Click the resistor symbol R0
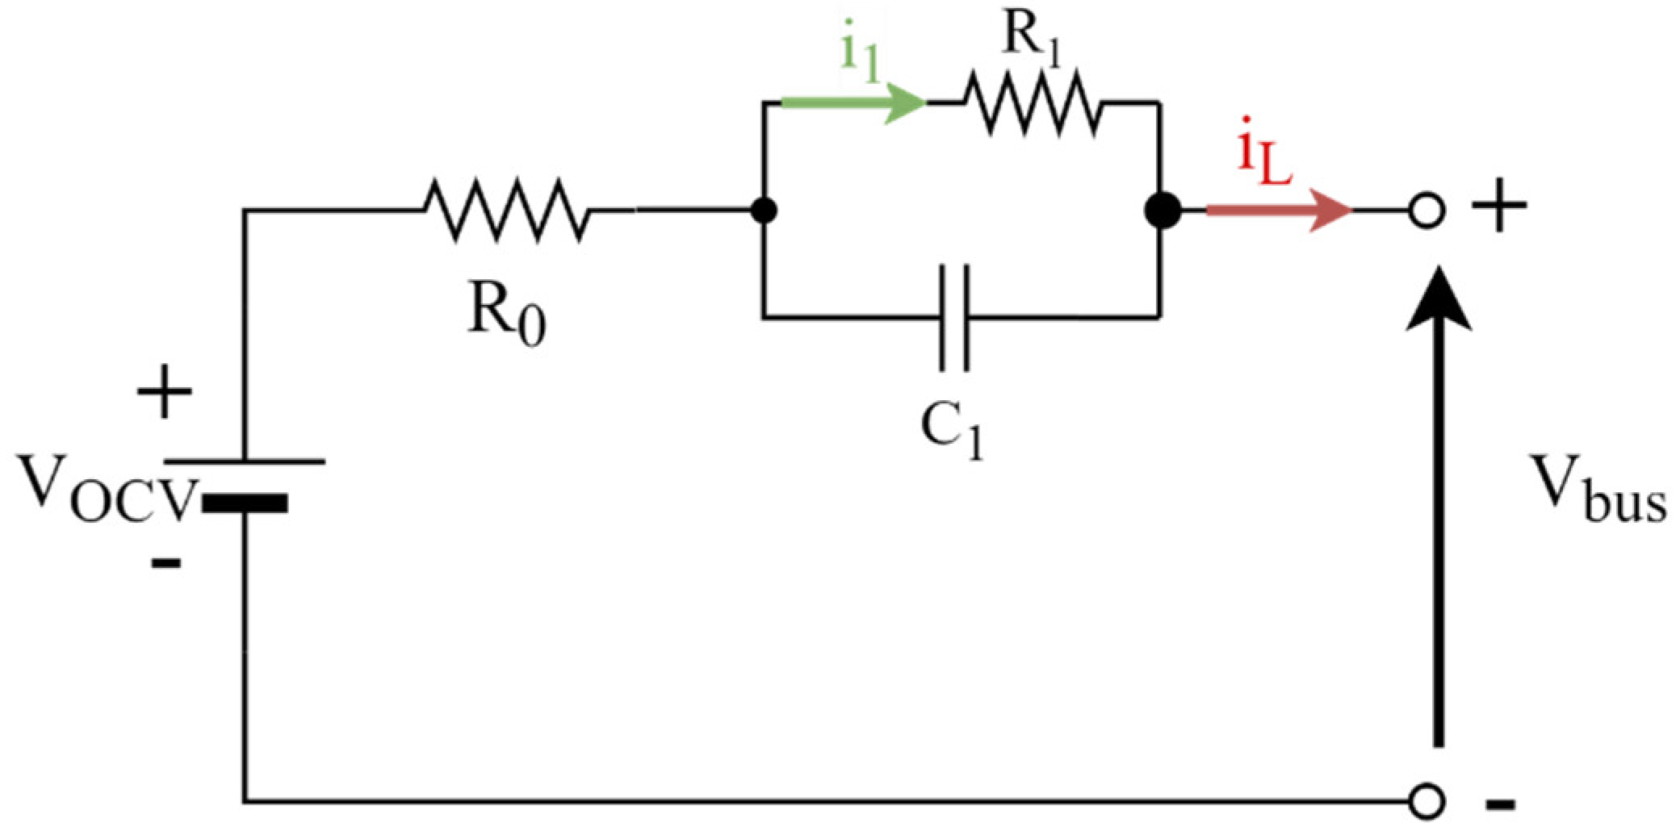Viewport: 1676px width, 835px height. [506, 211]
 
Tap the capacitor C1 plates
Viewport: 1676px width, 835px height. [953, 317]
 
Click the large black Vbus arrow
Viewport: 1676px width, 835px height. [1438, 516]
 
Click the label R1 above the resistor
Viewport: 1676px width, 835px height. [1029, 36]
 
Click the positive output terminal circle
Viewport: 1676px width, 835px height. [1426, 211]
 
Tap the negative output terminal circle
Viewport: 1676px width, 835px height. [1426, 802]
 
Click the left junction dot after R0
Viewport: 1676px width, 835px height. [763, 211]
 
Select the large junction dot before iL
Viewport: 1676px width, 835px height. [1163, 211]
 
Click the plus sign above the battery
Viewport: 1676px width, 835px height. [164, 392]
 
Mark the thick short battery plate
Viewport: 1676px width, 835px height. [245, 503]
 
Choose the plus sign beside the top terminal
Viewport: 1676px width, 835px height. [1498, 207]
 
